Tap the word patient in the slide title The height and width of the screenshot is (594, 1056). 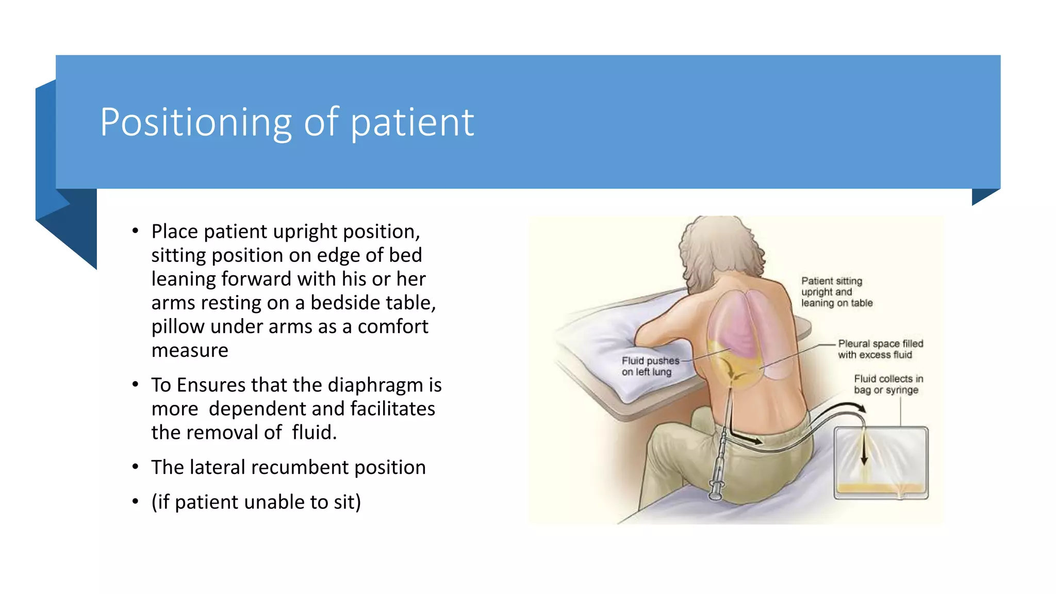(x=412, y=123)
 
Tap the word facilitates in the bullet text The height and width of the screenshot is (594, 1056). (x=392, y=409)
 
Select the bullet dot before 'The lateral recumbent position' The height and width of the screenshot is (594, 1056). (x=135, y=467)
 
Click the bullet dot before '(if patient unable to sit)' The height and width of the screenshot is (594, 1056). (x=135, y=502)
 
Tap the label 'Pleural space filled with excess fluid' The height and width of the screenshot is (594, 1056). (x=880, y=349)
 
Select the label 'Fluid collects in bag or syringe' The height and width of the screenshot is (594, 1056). (x=888, y=384)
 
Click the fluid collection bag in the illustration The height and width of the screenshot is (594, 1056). (x=881, y=463)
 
